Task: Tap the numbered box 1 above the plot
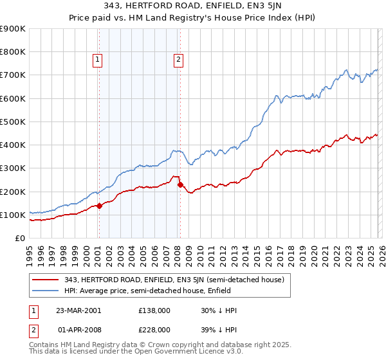pos(97,60)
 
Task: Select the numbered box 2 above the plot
pos(178,60)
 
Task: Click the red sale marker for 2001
pos(100,206)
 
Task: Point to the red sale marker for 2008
pos(180,184)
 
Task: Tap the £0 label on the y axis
pos(19,239)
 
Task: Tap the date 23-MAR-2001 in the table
pos(78,310)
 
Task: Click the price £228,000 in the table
pos(155,329)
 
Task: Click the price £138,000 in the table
pos(155,310)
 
